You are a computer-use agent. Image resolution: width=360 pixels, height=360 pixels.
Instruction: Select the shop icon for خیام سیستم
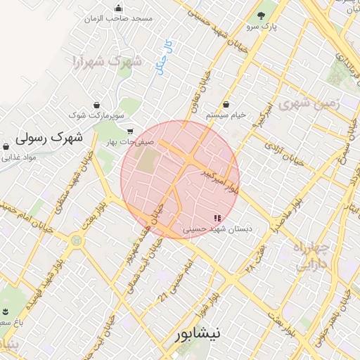(x=225, y=103)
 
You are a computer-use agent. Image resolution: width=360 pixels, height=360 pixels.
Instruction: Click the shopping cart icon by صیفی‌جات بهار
(x=130, y=131)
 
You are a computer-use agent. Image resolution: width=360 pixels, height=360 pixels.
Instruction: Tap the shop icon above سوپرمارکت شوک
(x=96, y=102)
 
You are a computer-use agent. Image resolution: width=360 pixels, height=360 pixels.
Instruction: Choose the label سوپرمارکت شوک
(x=97, y=114)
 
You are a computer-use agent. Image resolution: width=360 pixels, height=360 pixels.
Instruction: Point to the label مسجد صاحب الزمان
(x=117, y=19)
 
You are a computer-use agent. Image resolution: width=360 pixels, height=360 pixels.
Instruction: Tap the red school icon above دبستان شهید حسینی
(x=217, y=218)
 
